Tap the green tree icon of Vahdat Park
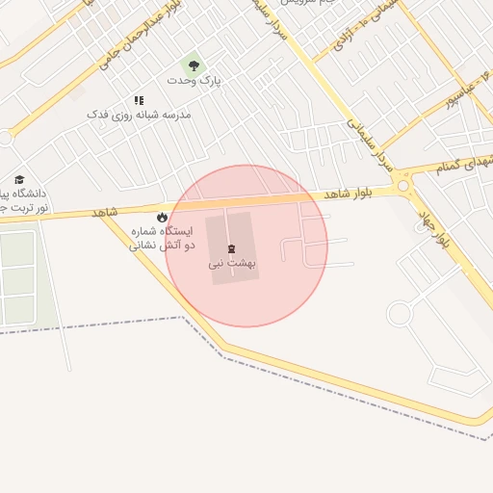pyautogui.click(x=195, y=65)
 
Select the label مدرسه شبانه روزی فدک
pyautogui.click(x=140, y=115)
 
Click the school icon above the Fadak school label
pyautogui.click(x=139, y=100)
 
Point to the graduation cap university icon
pyautogui.click(x=19, y=180)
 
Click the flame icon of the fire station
pyautogui.click(x=162, y=218)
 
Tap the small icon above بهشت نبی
pyautogui.click(x=230, y=248)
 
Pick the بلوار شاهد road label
pyautogui.click(x=348, y=195)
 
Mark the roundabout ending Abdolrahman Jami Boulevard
pyautogui.click(x=5, y=138)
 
